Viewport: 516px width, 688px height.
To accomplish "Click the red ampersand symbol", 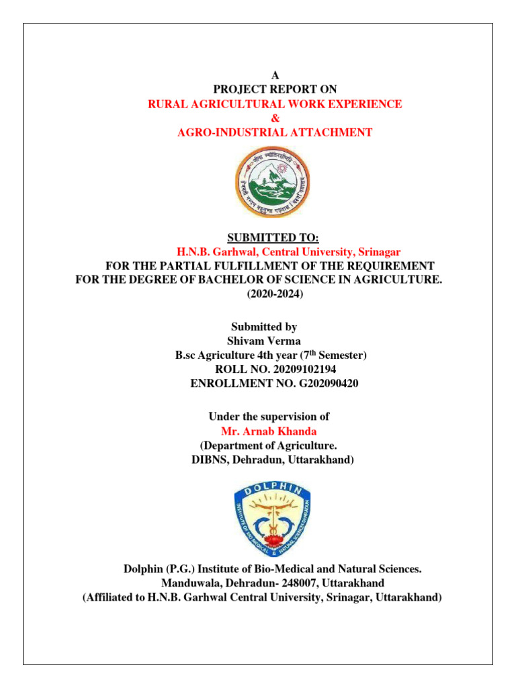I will click(274, 118).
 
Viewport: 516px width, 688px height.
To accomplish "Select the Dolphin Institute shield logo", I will click(273, 514).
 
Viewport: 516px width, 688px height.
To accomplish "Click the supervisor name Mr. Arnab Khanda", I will click(269, 431).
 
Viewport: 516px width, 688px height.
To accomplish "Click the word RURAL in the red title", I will click(165, 104).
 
